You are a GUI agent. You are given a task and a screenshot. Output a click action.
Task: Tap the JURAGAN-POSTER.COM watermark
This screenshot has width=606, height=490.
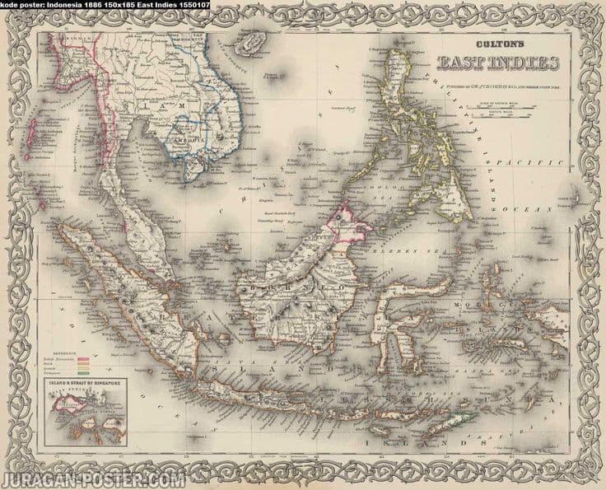pos(92,479)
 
